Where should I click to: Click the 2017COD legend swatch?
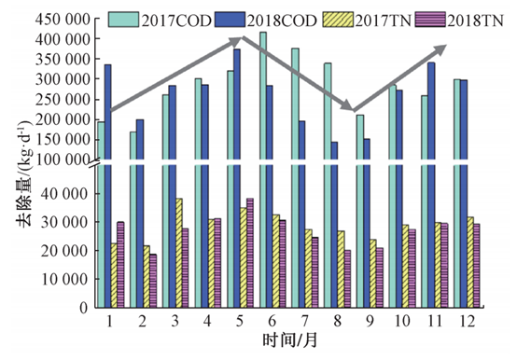coord(123,18)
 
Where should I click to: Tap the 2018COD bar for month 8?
coord(333,224)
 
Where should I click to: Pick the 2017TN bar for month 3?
coord(177,253)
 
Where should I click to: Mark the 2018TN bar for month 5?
coord(250,253)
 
